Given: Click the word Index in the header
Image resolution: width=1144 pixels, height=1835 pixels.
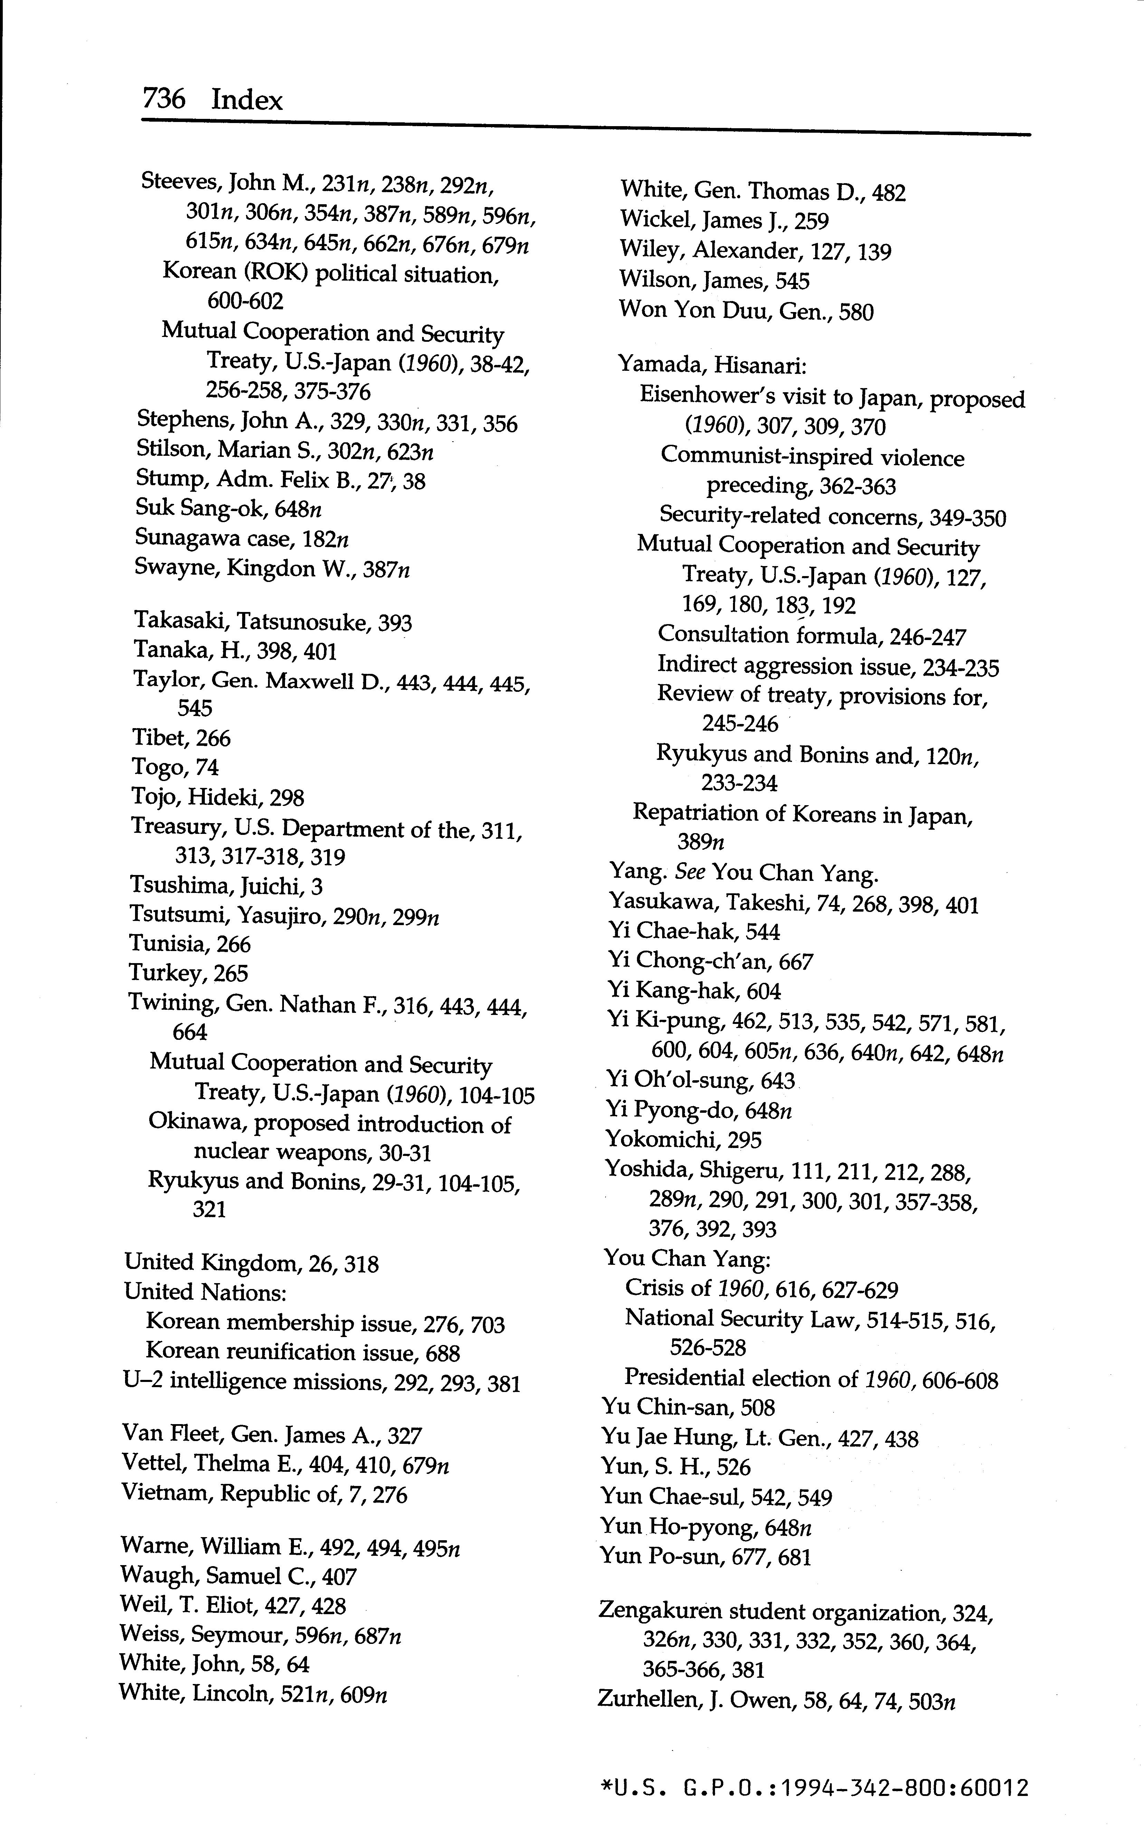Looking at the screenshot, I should (247, 99).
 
